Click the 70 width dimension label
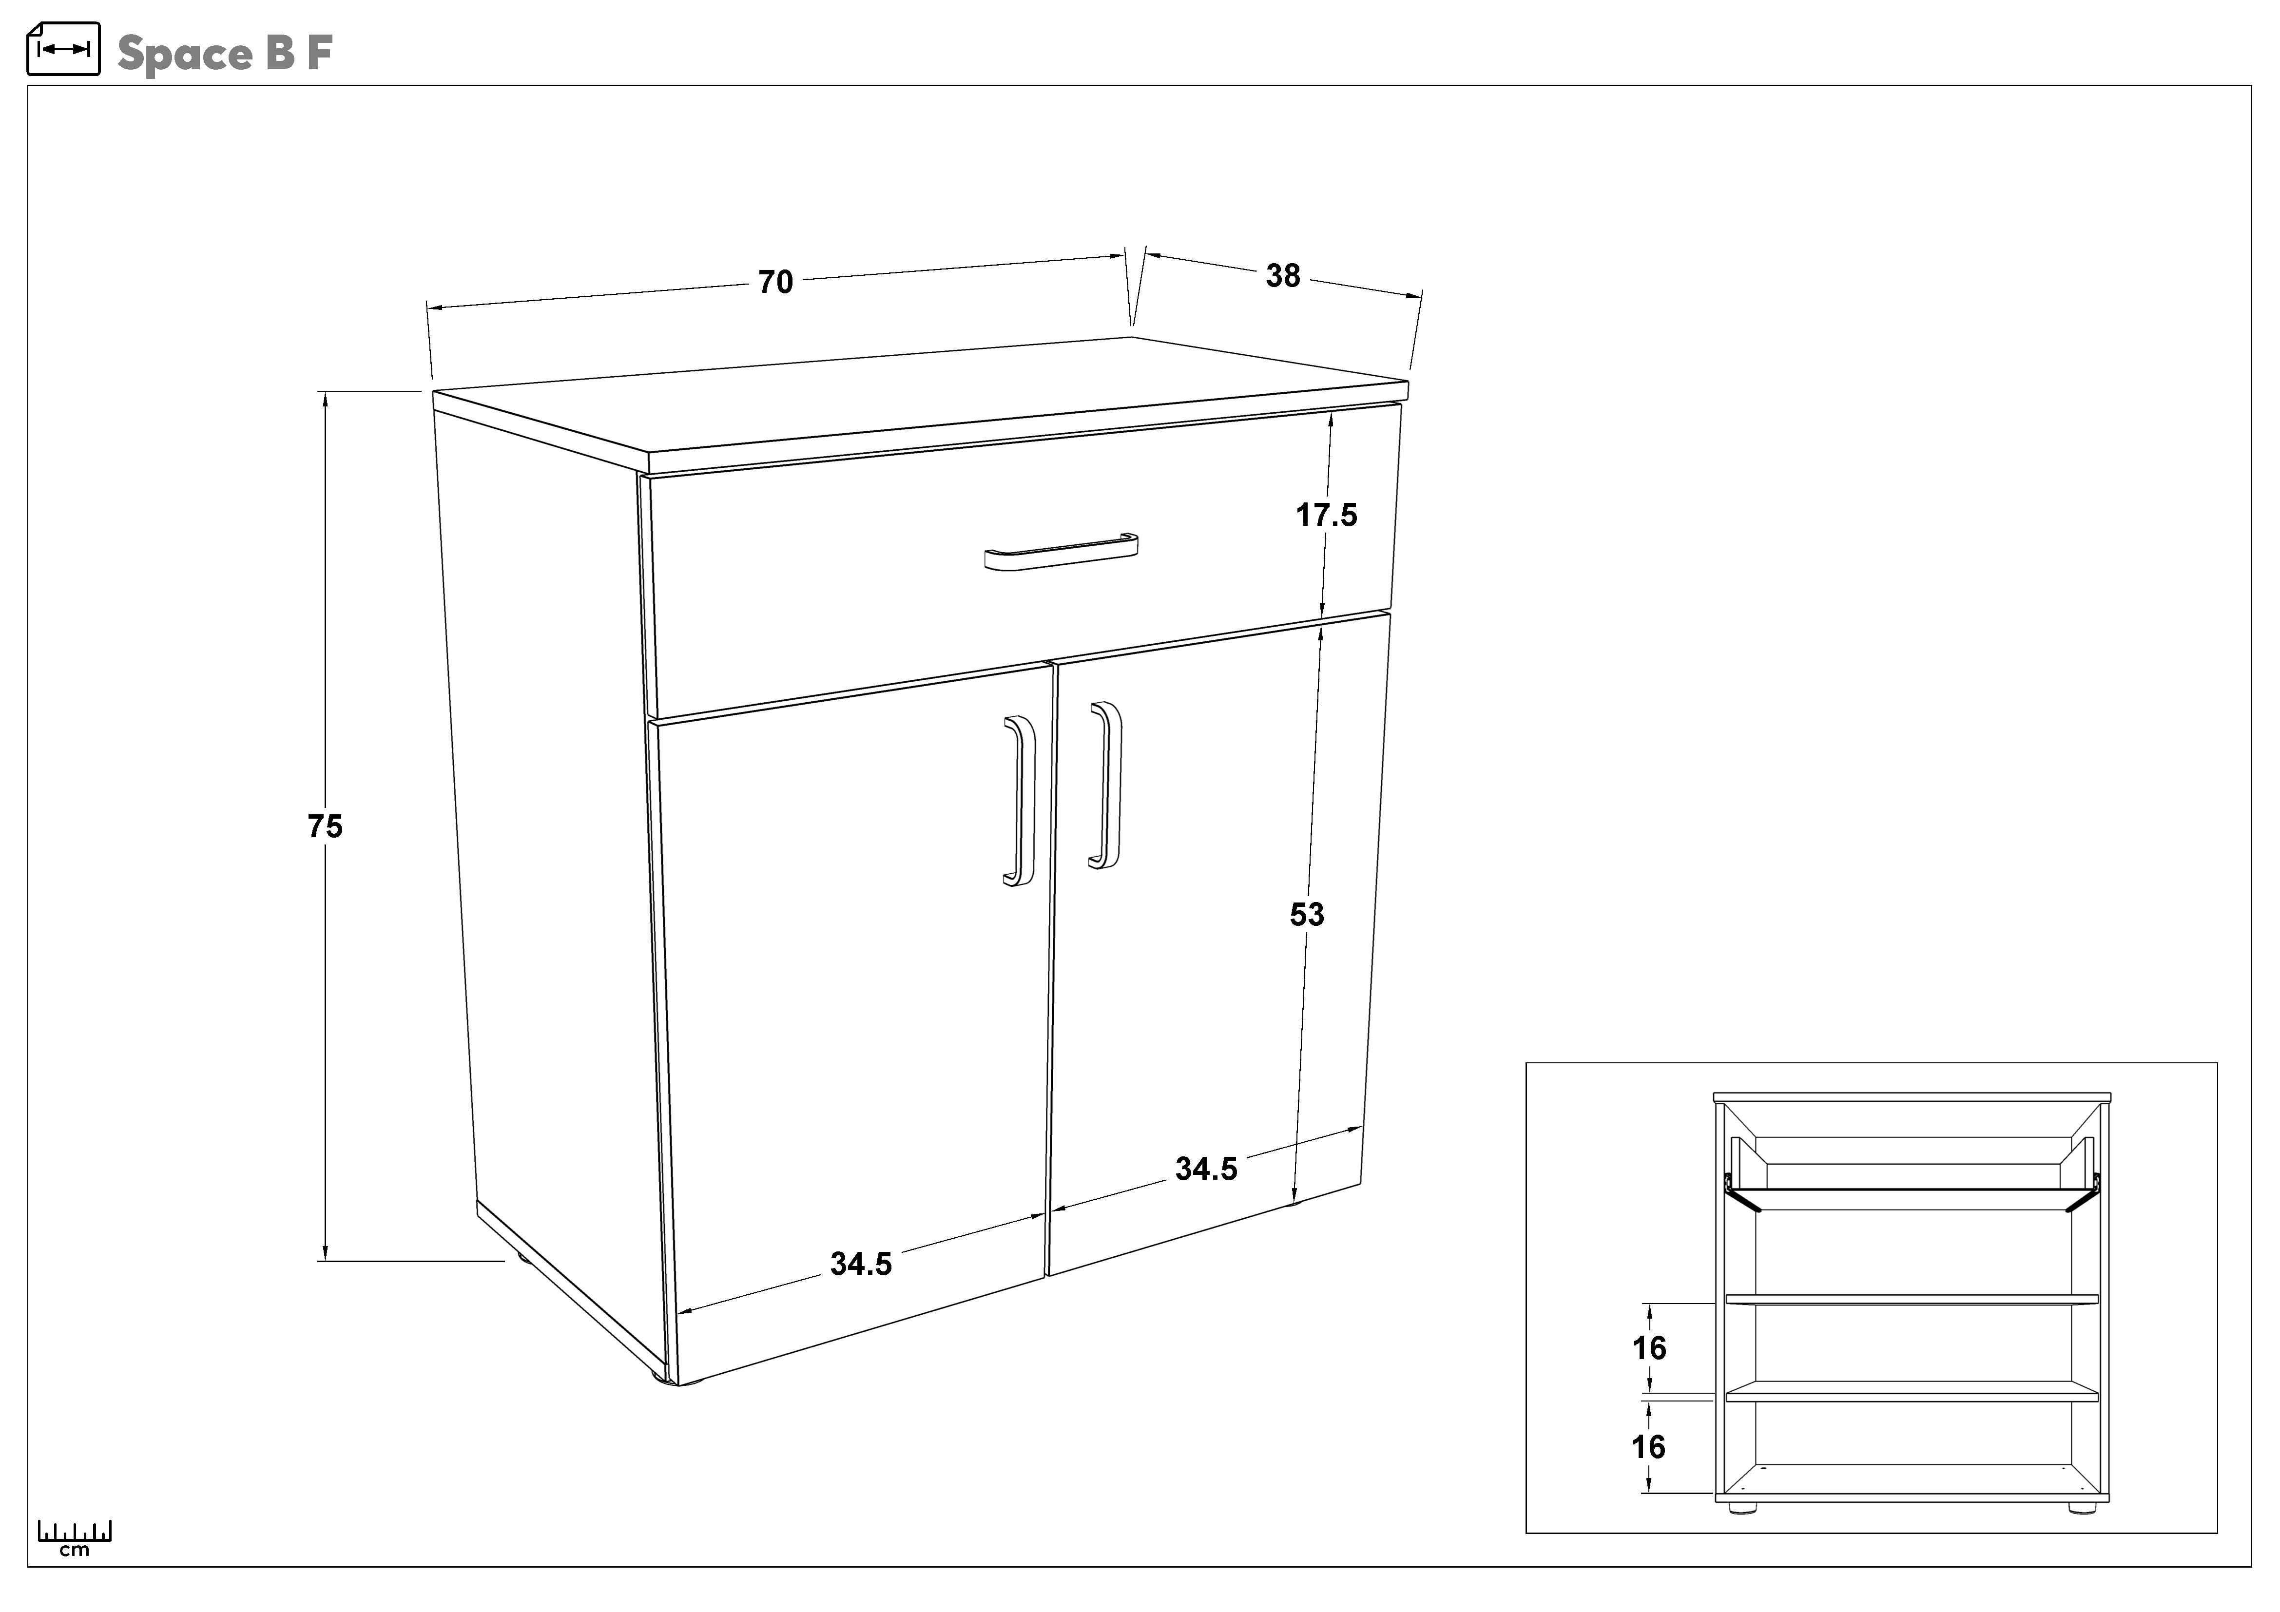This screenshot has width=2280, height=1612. [x=775, y=282]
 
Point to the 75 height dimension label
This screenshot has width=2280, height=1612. [x=325, y=826]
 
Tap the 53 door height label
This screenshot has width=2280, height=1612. [x=1307, y=914]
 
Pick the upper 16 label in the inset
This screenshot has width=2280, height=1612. [x=1649, y=1348]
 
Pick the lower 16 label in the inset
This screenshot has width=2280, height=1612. [x=1648, y=1447]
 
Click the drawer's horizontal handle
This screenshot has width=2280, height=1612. [x=1061, y=552]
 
